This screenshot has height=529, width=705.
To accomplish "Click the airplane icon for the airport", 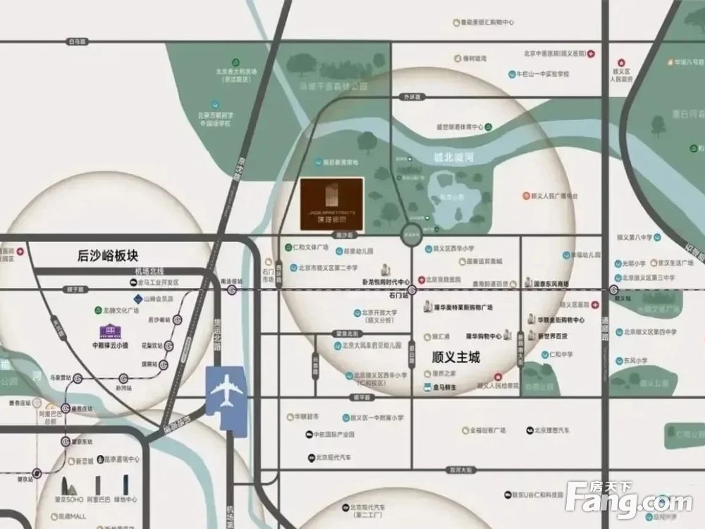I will point(226,389).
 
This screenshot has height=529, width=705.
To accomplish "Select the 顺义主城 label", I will point(455,358).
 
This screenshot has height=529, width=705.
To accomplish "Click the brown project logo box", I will point(332,203).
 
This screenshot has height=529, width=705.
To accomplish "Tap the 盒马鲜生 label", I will point(445,388).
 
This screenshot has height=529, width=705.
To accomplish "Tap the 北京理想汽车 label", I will point(551,430).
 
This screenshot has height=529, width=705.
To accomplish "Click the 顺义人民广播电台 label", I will point(554,195).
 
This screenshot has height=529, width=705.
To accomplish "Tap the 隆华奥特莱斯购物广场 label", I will point(462,308).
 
